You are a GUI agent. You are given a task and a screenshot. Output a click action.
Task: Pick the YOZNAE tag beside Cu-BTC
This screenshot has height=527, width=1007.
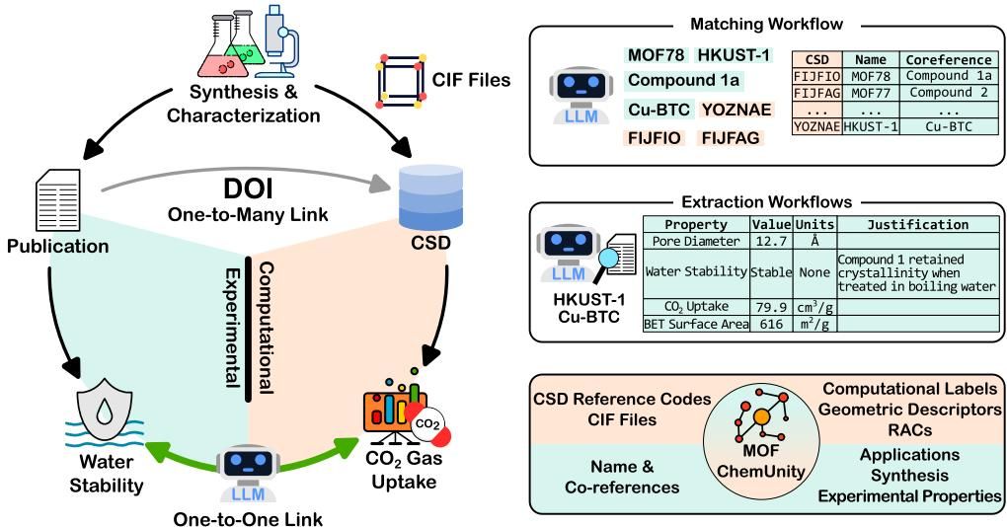(736, 110)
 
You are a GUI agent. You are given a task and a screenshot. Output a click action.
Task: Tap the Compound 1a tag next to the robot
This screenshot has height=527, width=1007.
(682, 81)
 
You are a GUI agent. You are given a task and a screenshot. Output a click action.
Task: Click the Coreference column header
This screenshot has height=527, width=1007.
(949, 59)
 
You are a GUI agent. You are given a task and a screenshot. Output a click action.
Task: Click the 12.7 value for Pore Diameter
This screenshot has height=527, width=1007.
(769, 240)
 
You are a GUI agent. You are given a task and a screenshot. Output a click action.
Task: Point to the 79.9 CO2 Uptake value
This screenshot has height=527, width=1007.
(769, 309)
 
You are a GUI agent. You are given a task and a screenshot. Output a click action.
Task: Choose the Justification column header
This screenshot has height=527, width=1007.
(918, 224)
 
